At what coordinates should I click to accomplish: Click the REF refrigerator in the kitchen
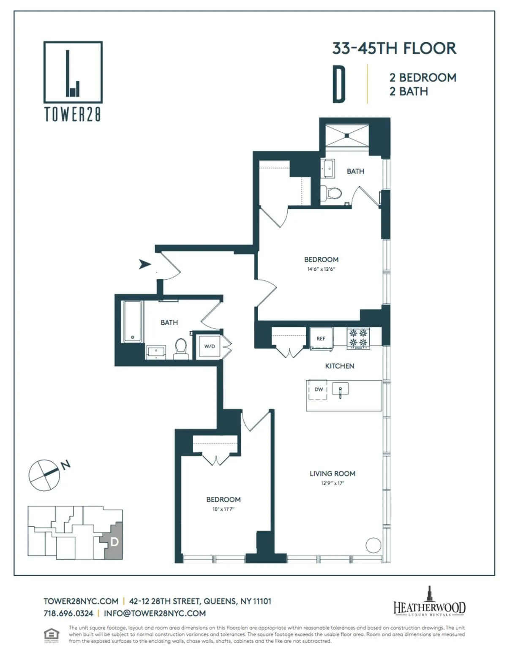tap(321, 338)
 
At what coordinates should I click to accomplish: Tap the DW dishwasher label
tap(319, 389)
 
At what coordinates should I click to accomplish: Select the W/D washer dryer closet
tap(210, 346)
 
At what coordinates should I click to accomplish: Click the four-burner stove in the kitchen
tap(358, 338)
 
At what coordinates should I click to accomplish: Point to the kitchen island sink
tap(340, 389)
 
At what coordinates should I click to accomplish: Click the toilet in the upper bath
tap(334, 194)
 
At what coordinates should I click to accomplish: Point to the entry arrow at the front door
tap(145, 264)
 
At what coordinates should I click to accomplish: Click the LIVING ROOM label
tap(332, 474)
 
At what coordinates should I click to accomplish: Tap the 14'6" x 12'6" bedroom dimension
tap(321, 269)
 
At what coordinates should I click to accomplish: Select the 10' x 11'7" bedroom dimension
tap(223, 509)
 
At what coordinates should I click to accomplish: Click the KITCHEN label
tap(340, 366)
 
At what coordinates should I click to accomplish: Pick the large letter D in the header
tap(339, 84)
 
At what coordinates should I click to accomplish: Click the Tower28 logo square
tap(73, 72)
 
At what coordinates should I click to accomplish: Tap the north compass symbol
tap(44, 475)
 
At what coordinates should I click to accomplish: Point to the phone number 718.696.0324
tap(68, 613)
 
